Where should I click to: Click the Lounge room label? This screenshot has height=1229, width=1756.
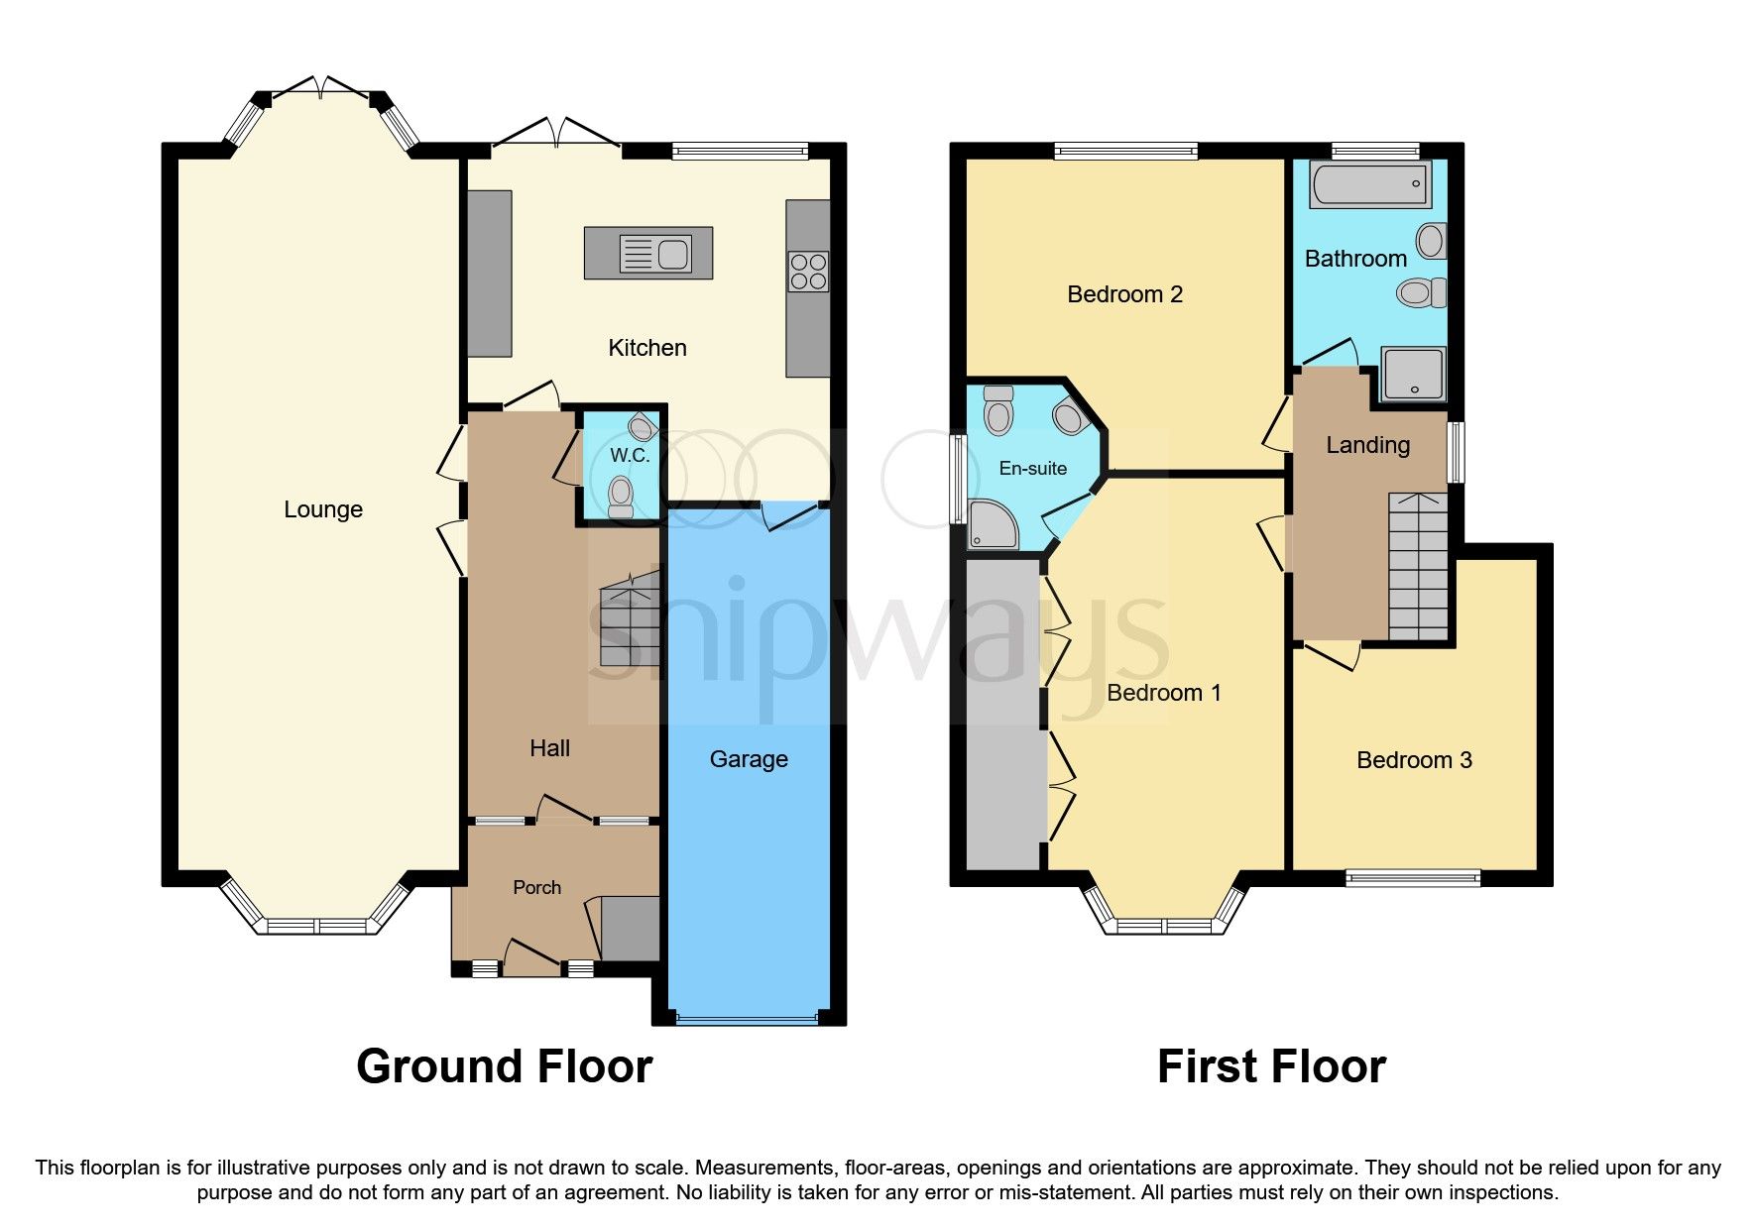point(323,509)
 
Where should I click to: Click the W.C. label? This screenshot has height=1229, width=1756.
point(630,456)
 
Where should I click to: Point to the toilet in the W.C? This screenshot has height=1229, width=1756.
point(621,494)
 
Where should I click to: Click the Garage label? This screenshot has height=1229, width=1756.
point(749,759)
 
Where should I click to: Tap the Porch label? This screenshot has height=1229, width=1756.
point(536,887)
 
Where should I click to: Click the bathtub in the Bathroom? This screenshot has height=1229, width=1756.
point(1370,184)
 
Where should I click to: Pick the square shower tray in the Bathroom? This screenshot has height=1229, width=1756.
point(1413,374)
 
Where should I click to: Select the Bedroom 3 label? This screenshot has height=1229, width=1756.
point(1414,760)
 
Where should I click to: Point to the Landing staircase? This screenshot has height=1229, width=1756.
point(1418,567)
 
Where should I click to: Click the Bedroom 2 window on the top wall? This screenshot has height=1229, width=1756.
point(1125,152)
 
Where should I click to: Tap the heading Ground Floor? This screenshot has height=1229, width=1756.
point(504,1066)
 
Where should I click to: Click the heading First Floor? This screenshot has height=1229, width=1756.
point(1271,1066)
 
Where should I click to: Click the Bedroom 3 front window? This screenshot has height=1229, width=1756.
point(1412,877)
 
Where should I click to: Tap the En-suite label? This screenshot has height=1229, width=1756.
point(1032,469)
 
